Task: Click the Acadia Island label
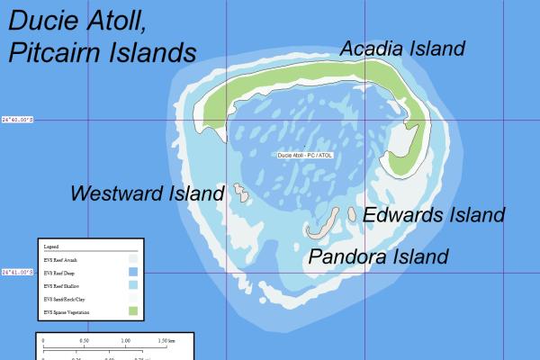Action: (402, 49)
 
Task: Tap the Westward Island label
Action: (147, 193)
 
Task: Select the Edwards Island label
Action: (434, 215)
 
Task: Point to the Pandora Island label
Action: (378, 256)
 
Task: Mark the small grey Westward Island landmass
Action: (240, 191)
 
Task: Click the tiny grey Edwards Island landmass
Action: (350, 214)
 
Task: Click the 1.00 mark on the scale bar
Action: (125, 341)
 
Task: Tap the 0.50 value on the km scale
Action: (84, 341)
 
